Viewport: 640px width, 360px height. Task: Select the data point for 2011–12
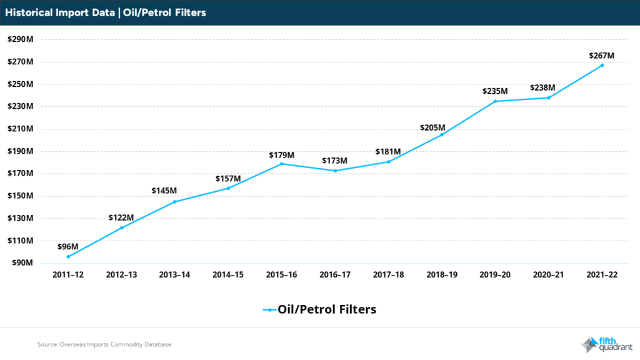[x=68, y=256]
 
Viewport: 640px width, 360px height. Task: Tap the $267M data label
[x=602, y=56]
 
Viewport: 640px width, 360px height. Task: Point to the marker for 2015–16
[x=282, y=164]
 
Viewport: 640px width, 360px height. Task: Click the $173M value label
[x=335, y=161]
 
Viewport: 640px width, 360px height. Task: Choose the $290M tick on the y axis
[x=20, y=39]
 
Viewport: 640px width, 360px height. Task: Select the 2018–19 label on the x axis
[x=441, y=275]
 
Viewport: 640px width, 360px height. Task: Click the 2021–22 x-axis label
[x=602, y=275]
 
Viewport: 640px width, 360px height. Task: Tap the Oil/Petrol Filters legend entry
[x=319, y=309]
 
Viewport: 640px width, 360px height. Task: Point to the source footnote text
[x=104, y=344]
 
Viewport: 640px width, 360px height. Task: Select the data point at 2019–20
[x=495, y=101]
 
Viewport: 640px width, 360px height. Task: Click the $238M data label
[x=548, y=88]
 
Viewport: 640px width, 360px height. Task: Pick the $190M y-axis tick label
[x=20, y=151]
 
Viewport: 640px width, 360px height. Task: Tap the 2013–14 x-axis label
[x=175, y=275]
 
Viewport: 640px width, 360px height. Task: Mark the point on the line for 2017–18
[x=388, y=162]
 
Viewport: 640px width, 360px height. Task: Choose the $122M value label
[x=121, y=217]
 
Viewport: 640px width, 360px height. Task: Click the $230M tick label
[x=20, y=107]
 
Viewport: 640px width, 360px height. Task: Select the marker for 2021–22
[x=602, y=66]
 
